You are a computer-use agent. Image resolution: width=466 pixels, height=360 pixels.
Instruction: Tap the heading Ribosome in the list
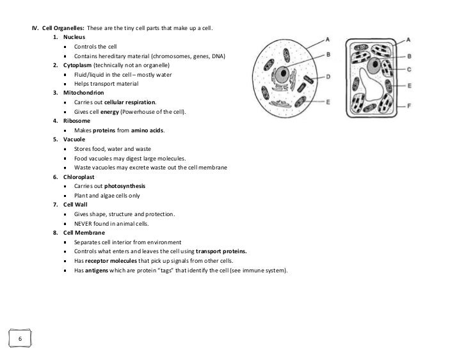77,121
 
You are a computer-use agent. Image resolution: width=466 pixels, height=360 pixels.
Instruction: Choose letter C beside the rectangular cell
408,68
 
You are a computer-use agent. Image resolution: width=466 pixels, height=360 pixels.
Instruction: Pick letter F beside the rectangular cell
408,104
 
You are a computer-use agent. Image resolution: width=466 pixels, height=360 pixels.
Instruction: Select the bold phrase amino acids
148,130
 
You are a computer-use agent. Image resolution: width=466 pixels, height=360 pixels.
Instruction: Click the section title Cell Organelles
63,29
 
